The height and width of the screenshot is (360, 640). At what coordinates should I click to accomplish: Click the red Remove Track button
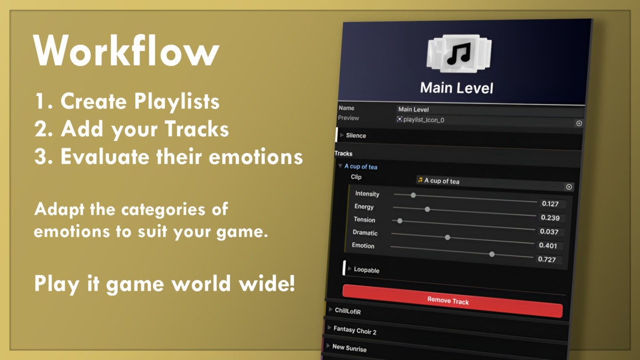pyautogui.click(x=452, y=301)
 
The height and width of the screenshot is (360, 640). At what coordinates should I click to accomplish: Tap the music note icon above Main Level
pyautogui.click(x=459, y=53)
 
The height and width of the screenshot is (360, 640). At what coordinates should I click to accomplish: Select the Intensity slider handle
pyautogui.click(x=413, y=195)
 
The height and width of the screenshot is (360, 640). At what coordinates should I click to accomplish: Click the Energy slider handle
pyautogui.click(x=427, y=210)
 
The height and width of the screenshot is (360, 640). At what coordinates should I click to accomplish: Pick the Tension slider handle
pyautogui.click(x=399, y=221)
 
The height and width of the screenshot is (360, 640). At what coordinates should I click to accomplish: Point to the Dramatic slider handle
pyautogui.click(x=447, y=237)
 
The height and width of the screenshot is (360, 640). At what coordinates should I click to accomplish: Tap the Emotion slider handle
pyautogui.click(x=492, y=254)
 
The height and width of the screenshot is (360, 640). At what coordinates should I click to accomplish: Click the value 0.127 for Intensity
pyautogui.click(x=550, y=204)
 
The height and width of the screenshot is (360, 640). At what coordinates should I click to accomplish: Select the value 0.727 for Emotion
pyautogui.click(x=547, y=259)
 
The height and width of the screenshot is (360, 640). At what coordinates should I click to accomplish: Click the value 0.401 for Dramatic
pyautogui.click(x=548, y=245)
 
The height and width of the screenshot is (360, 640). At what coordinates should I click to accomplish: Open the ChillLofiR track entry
pyautogui.click(x=348, y=311)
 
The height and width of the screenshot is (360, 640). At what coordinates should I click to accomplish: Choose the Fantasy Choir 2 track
pyautogui.click(x=355, y=330)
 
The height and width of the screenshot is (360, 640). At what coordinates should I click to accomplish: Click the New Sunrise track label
pyautogui.click(x=349, y=348)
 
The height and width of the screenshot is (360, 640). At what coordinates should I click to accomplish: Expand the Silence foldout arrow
pyautogui.click(x=342, y=135)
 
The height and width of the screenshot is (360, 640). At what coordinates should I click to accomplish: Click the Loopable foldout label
pyautogui.click(x=366, y=270)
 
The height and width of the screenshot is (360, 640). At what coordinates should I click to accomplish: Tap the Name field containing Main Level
pyautogui.click(x=489, y=110)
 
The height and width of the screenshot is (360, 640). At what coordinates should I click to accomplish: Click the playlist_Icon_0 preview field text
pyautogui.click(x=423, y=119)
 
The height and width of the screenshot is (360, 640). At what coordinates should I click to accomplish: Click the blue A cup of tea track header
pyautogui.click(x=361, y=166)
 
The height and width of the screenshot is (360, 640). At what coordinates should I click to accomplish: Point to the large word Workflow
pyautogui.click(x=126, y=50)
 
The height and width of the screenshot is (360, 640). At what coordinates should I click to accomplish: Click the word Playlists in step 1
pyautogui.click(x=177, y=102)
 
